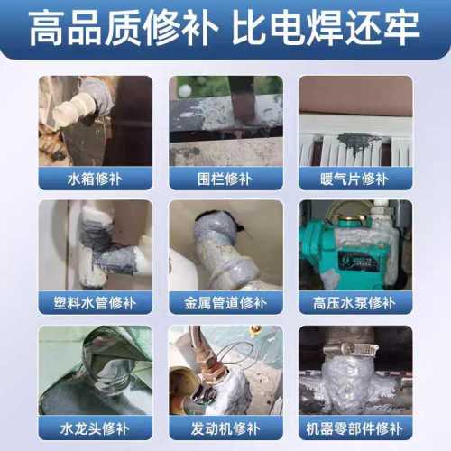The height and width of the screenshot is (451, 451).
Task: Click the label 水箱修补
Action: (95, 179)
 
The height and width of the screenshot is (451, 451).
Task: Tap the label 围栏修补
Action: (225, 179)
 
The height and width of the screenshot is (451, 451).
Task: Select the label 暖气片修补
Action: (354, 179)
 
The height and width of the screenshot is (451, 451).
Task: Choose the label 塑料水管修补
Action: (95, 303)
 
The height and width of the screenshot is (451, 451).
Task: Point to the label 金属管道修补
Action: (225, 303)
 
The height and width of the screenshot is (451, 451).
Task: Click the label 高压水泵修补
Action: (354, 303)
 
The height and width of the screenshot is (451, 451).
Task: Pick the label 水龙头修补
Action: (95, 428)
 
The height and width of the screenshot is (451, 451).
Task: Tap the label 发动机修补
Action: (225, 428)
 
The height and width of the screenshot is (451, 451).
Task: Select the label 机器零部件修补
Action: (354, 428)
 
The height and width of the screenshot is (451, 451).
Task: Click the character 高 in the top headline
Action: (46, 28)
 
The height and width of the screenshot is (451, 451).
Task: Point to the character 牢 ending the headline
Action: (402, 28)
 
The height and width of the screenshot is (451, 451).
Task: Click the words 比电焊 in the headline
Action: (288, 28)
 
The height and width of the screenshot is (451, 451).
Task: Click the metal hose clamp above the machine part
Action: (351, 350)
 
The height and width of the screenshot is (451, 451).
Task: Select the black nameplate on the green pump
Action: (356, 261)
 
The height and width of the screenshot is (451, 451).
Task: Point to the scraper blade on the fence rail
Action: (241, 99)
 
